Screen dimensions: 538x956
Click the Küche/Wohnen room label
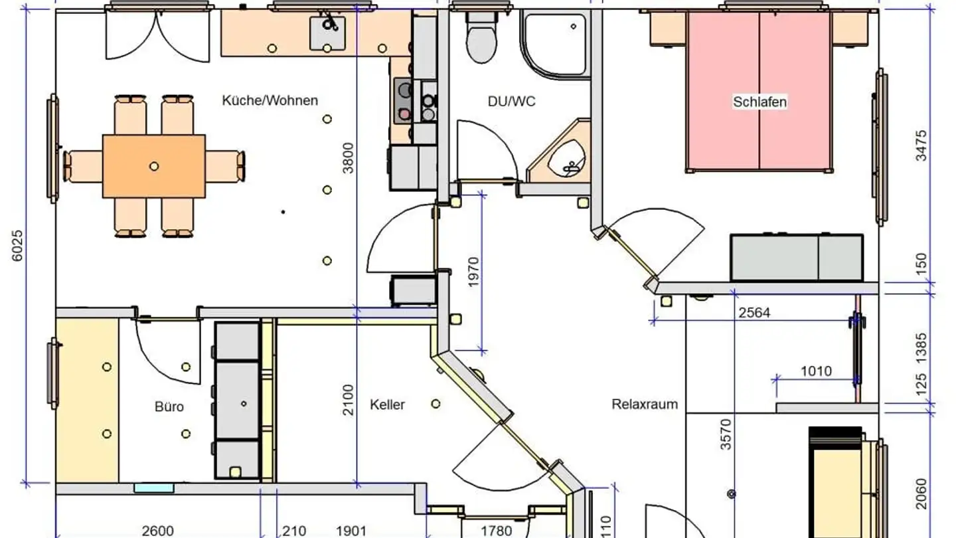pos(270,101)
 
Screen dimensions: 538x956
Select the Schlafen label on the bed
pos(759,102)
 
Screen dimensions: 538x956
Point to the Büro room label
pos(169,406)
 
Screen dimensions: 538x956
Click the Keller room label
pos(387,404)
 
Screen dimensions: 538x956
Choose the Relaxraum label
pos(645,404)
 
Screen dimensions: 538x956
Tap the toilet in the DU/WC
pos(481,40)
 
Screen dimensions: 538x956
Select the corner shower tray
pos(556,43)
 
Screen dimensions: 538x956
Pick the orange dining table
pos(154,166)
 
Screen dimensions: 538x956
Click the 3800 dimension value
pos(349,158)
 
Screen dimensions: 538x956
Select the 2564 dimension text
pos(754,312)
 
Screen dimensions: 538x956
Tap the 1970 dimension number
pos(473,272)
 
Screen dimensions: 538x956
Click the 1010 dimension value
pos(815,371)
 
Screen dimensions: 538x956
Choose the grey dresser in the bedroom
pos(797,257)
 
